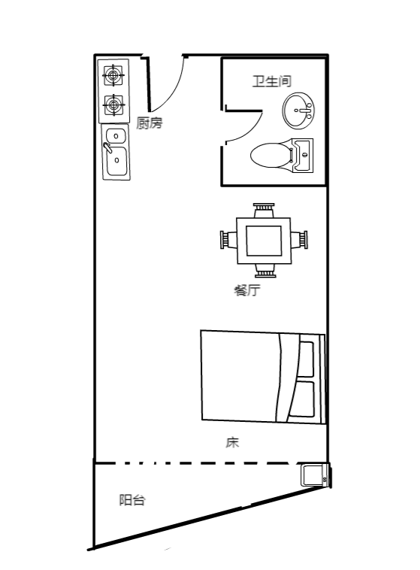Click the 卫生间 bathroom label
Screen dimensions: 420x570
(x=272, y=80)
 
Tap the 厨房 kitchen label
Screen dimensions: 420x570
(x=150, y=123)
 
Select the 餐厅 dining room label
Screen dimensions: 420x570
(x=247, y=290)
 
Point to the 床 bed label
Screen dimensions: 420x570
(x=232, y=442)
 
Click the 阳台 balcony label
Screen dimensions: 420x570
(x=132, y=500)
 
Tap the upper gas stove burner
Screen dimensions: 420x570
(x=113, y=76)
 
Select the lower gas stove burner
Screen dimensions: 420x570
(x=113, y=105)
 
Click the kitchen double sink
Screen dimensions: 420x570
(x=116, y=152)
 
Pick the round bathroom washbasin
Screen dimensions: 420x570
(x=298, y=111)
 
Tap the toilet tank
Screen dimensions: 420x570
(x=303, y=155)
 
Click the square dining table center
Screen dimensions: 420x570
(x=264, y=241)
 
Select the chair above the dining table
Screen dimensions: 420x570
(x=264, y=210)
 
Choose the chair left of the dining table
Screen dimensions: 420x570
(x=228, y=240)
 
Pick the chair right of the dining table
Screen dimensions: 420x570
(x=299, y=240)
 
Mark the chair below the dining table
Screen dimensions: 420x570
(x=265, y=271)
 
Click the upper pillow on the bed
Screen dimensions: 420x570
(x=306, y=359)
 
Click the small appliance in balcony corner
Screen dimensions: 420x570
(x=316, y=474)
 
